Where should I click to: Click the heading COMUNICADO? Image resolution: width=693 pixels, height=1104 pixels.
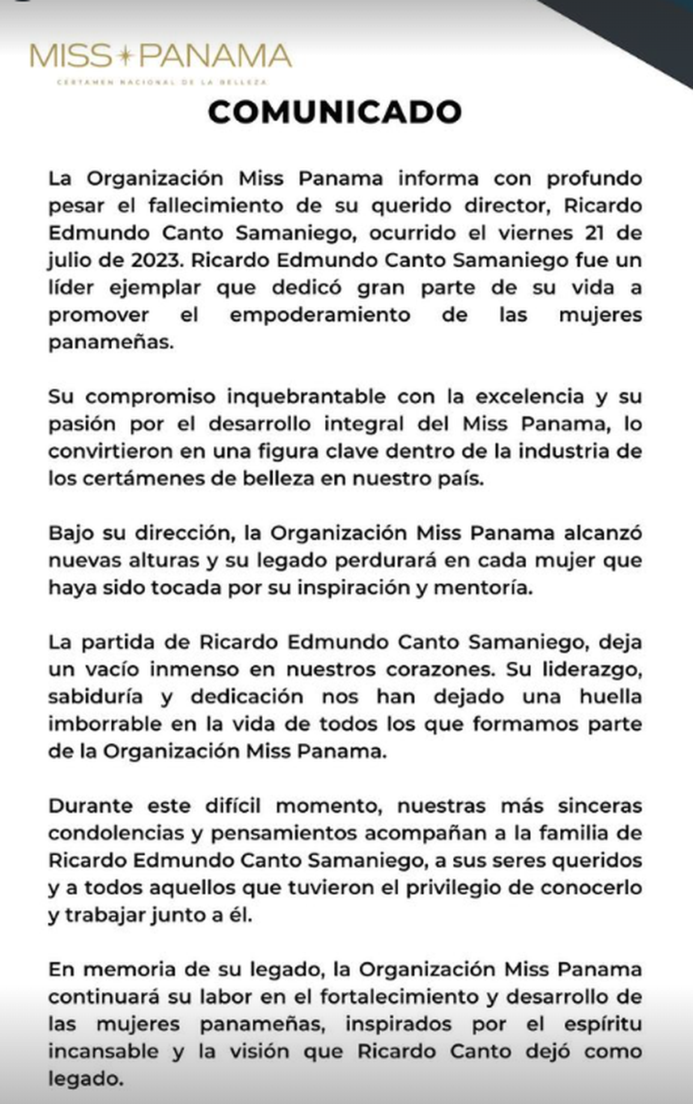pyautogui.click(x=335, y=112)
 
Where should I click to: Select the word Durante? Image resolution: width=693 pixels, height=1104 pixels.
pyautogui.click(x=88, y=806)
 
